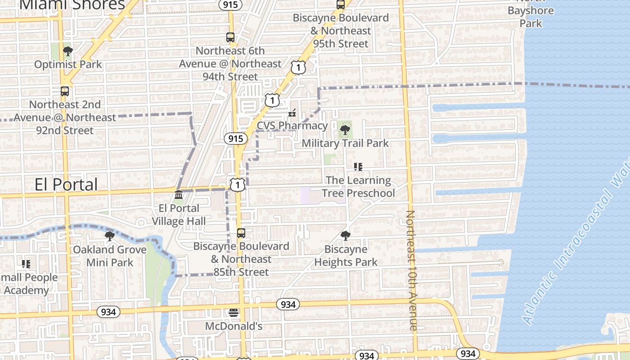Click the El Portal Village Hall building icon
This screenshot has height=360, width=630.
pos(179,195)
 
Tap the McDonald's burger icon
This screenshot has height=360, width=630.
pos(234,312)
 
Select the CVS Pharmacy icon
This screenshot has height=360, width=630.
pos(292,112)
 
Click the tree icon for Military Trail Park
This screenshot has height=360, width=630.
pos(345,130)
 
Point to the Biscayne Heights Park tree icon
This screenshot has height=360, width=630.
pos(346,235)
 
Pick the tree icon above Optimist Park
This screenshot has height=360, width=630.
pos(68,51)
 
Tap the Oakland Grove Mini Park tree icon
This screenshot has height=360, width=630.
pos(109,236)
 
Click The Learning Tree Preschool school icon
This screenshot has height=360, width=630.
pos(358,167)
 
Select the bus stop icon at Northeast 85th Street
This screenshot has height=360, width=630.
pos(241,233)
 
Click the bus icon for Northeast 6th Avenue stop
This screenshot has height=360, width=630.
pos(230,37)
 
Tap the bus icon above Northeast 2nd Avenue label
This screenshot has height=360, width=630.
pos(65,91)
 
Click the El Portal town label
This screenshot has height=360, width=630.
pos(66,184)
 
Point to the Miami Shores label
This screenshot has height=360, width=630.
pos(72,4)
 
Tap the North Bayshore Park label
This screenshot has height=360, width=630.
pos(531,16)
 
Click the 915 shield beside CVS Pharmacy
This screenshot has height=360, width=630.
pos(236,139)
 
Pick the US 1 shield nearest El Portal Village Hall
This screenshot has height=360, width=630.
pos(238,184)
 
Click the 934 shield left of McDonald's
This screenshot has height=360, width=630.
pos(108,312)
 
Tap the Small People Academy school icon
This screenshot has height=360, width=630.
pos(26,264)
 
